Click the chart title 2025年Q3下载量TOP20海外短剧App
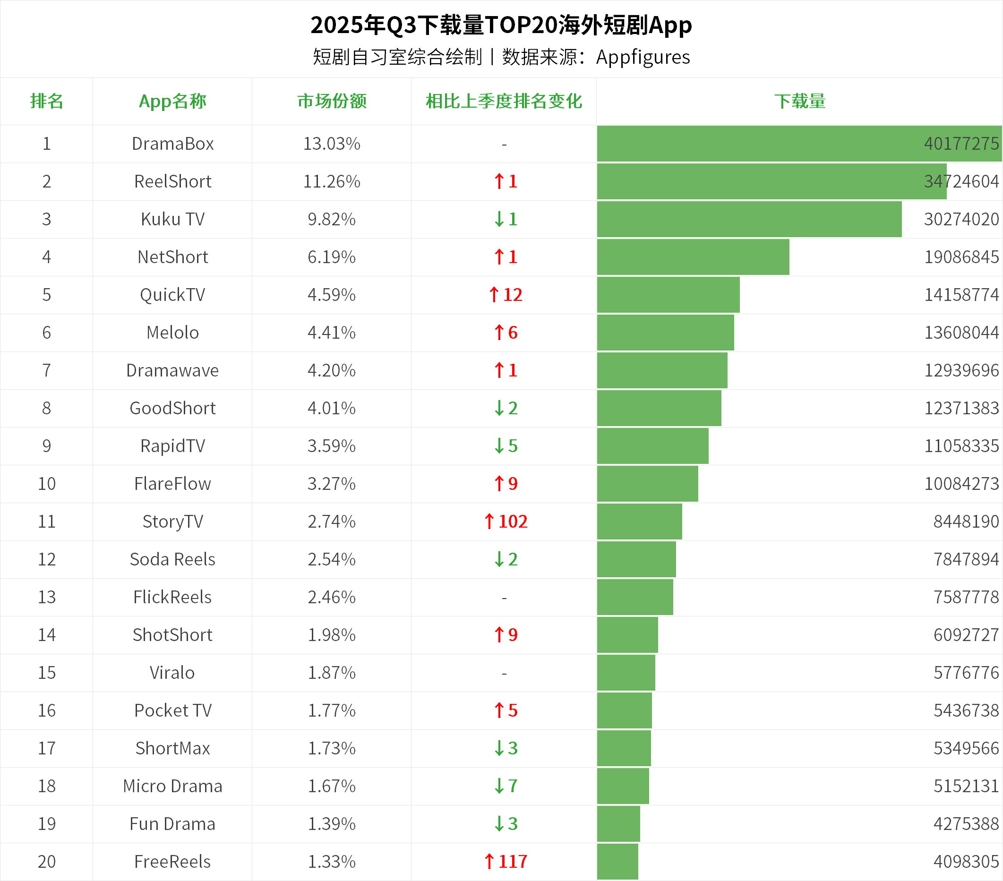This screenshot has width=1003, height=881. click(501, 25)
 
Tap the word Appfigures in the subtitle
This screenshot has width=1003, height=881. click(643, 57)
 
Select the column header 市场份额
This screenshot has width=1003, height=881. click(332, 101)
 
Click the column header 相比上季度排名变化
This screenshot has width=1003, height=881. click(504, 101)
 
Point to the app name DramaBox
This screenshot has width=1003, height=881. click(173, 144)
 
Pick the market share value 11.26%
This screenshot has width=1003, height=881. click(332, 181)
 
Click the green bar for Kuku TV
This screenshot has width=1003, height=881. click(749, 219)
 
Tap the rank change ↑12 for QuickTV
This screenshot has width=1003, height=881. click(506, 295)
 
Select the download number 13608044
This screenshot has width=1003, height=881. click(961, 333)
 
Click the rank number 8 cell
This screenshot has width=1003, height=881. click(47, 408)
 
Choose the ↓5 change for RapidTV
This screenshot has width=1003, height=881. click(506, 446)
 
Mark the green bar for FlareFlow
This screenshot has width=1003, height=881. click(647, 484)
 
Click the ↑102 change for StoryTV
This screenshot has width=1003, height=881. click(506, 522)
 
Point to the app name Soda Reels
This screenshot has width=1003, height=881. click(173, 559)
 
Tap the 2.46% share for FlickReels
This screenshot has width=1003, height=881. click(332, 597)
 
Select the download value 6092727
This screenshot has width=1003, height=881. click(966, 635)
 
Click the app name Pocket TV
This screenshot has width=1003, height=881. click(173, 710)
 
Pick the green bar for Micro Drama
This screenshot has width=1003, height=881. click(623, 786)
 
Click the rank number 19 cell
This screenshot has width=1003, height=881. click(47, 824)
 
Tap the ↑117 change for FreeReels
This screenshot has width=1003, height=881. click(506, 861)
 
